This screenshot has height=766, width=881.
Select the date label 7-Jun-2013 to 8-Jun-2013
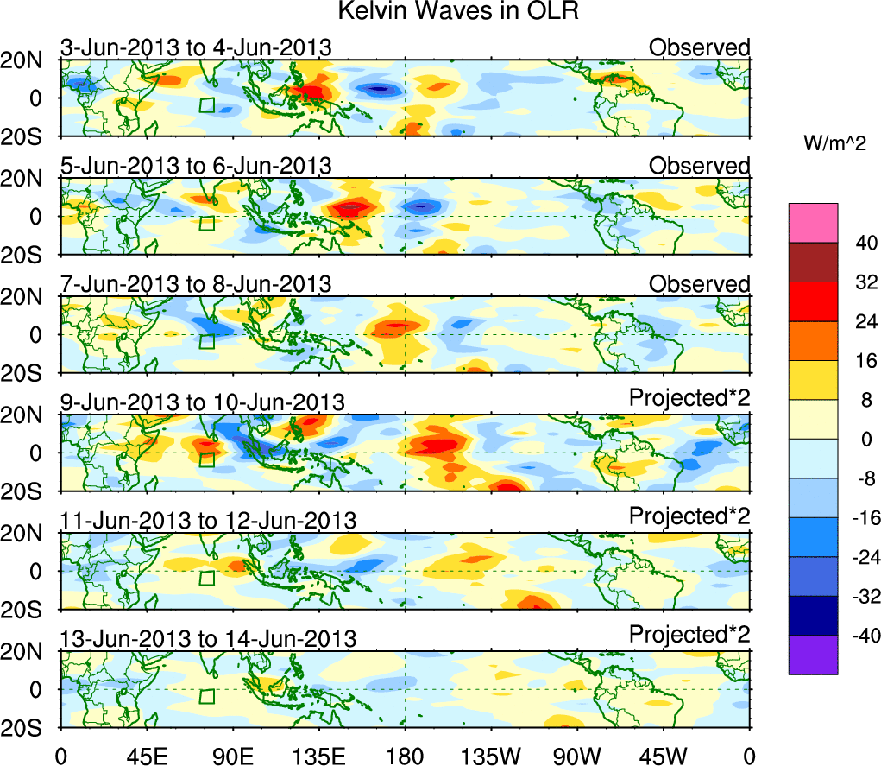[x=195, y=284]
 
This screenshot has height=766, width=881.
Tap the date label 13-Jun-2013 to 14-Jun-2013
[x=208, y=639]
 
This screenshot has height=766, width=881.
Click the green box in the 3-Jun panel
[x=206, y=105]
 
